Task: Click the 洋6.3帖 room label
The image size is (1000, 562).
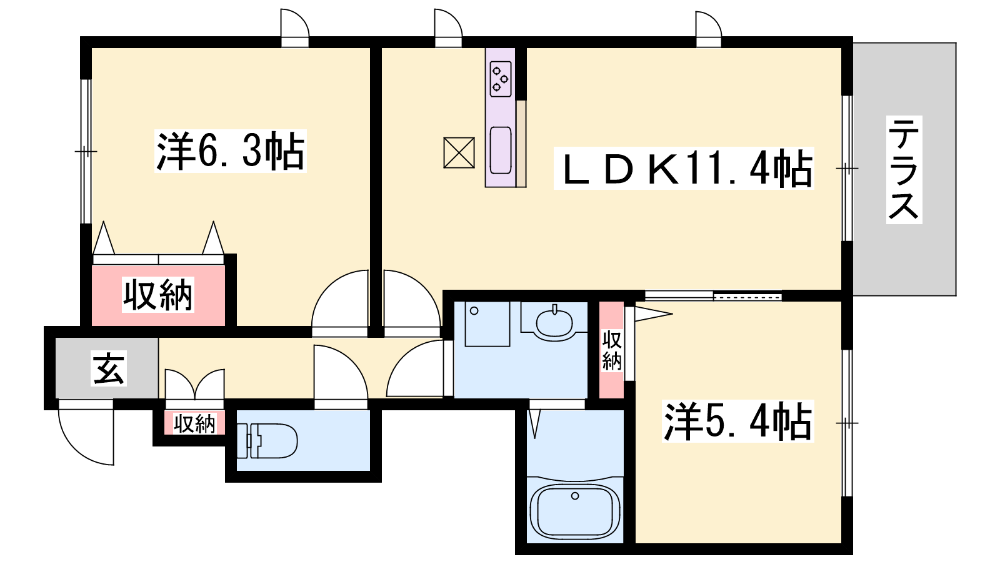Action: point(231,150)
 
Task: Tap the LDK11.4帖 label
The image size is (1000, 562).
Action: point(684,168)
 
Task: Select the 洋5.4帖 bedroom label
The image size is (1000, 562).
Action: point(738,421)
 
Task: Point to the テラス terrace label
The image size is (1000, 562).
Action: point(904,169)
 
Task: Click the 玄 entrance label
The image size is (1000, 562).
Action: point(109,368)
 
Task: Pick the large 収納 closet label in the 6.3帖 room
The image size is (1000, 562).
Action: point(157,294)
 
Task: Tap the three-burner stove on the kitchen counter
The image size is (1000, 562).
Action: point(501,79)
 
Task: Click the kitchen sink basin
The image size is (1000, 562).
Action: point(501,150)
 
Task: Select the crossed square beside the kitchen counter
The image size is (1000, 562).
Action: point(459,152)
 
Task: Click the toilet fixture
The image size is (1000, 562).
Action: point(267,441)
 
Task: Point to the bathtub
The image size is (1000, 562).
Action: point(575,513)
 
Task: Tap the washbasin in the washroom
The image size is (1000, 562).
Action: point(554,322)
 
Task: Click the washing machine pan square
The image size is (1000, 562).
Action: point(487,324)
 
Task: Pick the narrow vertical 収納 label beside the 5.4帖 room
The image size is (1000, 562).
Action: point(612,350)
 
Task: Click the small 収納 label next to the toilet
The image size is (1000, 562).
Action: point(194,423)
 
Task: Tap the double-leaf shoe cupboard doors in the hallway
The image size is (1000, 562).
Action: point(194,384)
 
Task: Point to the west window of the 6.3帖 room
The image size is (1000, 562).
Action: point(86,152)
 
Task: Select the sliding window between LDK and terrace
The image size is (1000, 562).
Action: point(847,168)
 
